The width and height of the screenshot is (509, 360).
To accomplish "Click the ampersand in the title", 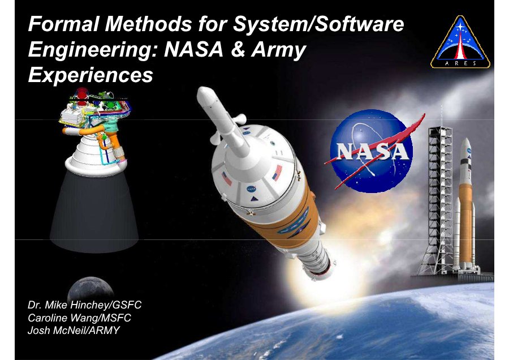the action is click(x=238, y=50).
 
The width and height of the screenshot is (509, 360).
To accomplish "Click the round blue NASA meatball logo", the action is click(x=372, y=151).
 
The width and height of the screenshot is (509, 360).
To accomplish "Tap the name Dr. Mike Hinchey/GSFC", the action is click(x=85, y=305).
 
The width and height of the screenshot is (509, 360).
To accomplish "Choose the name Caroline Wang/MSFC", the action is click(x=80, y=318).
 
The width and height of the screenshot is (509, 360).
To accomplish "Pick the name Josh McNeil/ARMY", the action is click(x=74, y=331).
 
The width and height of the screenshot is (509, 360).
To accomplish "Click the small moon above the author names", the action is click(x=90, y=288).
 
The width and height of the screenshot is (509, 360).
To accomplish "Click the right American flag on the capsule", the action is click(x=278, y=173).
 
